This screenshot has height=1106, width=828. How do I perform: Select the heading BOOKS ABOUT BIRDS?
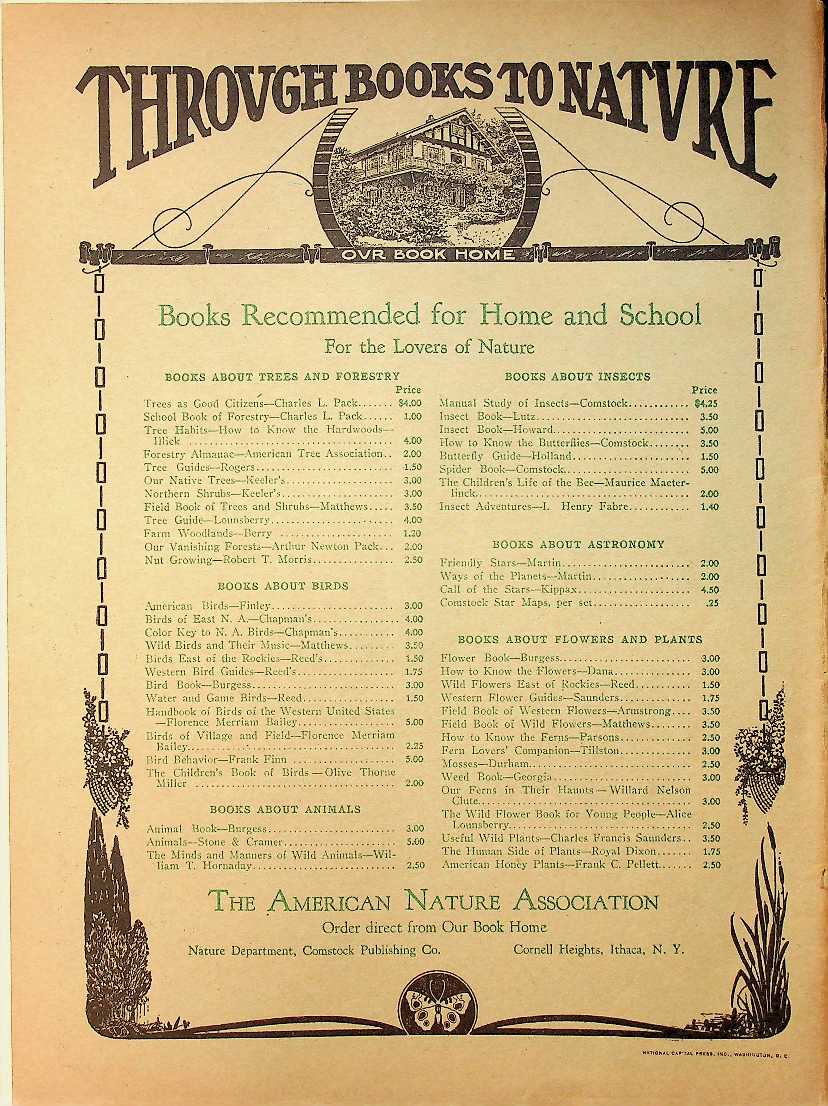point(283,586)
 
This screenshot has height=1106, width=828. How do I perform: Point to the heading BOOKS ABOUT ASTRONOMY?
point(578,544)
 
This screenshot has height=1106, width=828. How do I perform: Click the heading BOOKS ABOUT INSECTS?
point(577,377)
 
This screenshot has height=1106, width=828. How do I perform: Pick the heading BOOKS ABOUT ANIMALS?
point(285,809)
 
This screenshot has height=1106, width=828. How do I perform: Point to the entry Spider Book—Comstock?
point(501,470)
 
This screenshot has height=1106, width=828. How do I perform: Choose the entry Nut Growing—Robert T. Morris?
point(228,560)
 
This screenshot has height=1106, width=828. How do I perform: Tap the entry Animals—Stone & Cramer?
point(214,842)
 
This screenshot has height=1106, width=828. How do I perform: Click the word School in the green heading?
point(660,315)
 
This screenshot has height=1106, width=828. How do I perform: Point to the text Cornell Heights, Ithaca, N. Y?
point(598,950)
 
